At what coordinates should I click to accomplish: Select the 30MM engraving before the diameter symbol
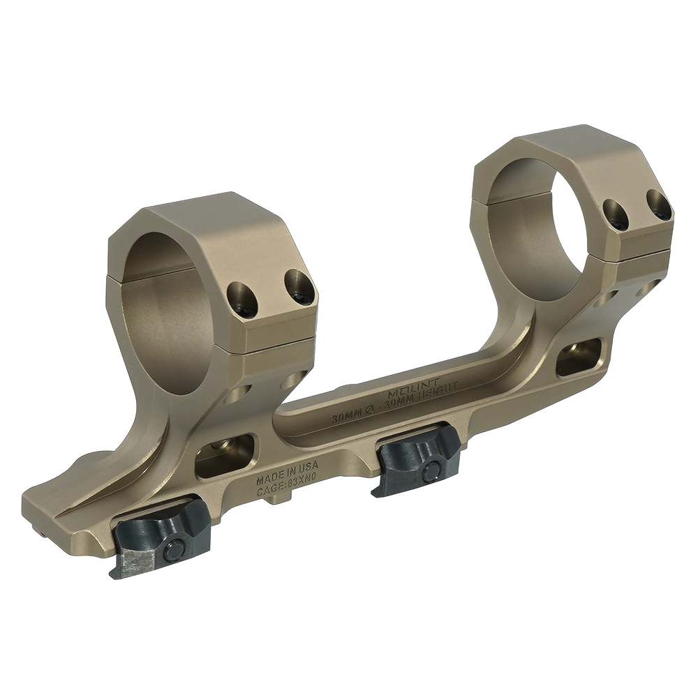click(348, 417)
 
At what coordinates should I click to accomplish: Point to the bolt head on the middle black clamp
click(431, 472)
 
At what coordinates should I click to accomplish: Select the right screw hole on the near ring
click(299, 286)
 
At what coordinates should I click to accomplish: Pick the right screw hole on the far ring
click(658, 205)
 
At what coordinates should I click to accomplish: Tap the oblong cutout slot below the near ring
click(225, 456)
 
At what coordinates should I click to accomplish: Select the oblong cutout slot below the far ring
click(579, 356)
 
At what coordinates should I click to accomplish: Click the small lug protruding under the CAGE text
click(280, 499)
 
